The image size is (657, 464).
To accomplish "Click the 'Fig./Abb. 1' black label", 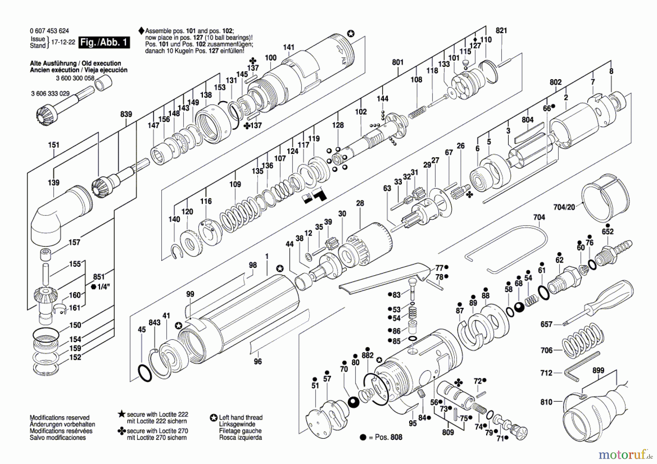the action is click(x=104, y=42).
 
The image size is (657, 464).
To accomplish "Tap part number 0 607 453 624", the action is click(x=49, y=31).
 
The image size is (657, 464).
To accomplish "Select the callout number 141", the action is click(x=289, y=47).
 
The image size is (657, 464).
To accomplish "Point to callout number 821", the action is click(x=501, y=31).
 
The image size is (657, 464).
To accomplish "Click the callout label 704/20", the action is click(x=564, y=207).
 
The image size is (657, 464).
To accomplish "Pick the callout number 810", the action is click(x=546, y=402).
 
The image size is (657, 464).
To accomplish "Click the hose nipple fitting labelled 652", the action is click(x=614, y=252).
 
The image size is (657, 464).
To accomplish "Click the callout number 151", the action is click(x=54, y=145).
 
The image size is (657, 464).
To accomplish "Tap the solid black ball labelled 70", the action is click(x=353, y=402).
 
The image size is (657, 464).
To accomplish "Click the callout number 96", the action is click(x=258, y=361).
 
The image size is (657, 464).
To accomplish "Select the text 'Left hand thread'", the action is click(x=241, y=418).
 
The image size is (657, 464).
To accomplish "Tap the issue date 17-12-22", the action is click(x=63, y=42).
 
